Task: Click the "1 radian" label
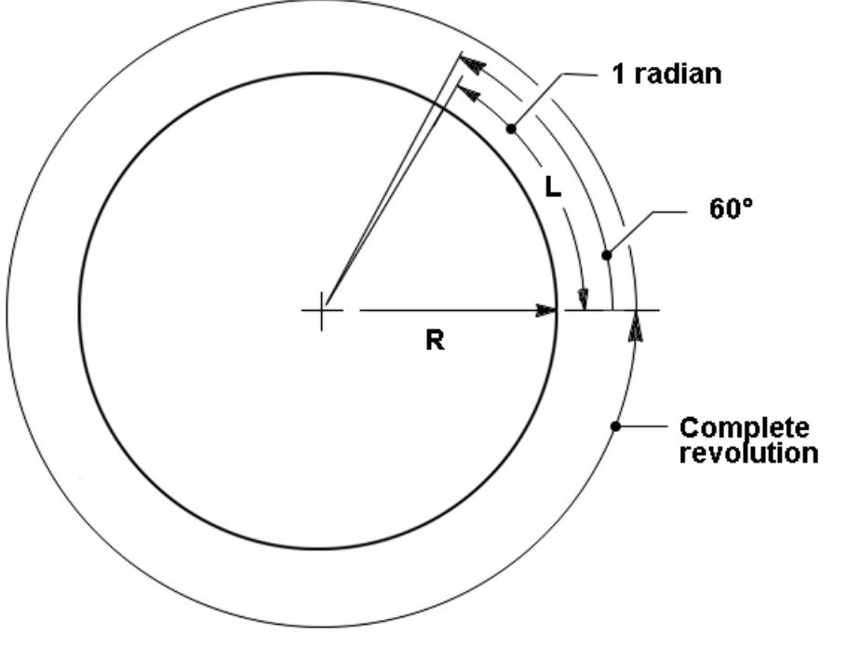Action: tap(666, 74)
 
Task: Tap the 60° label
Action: tap(731, 209)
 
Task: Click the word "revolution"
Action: tap(748, 452)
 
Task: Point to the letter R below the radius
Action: tap(436, 341)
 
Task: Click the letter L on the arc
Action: tap(553, 187)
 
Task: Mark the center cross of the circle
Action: tap(322, 311)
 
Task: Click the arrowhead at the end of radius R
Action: tap(545, 311)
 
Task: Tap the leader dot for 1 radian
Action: tap(511, 128)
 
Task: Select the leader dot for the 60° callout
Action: tap(607, 254)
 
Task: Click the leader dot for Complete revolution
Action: tap(615, 425)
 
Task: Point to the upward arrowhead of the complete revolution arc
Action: tap(636, 327)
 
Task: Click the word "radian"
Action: tap(678, 74)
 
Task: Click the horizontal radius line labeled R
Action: tap(458, 311)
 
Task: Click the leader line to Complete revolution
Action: tap(641, 425)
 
